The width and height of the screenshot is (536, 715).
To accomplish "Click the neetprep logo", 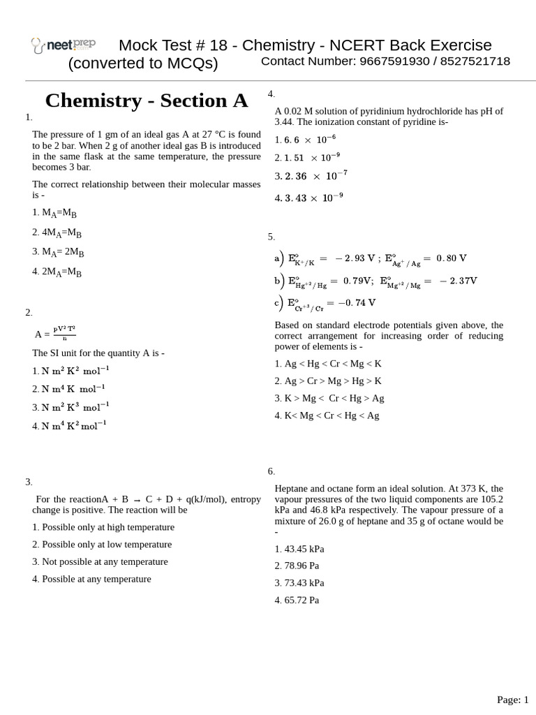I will (x=63, y=45).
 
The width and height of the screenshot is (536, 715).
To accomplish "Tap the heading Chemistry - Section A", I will (x=146, y=101).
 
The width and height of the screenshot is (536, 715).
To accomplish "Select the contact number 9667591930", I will (x=392, y=61).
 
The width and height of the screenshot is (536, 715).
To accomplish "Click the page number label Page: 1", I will (x=512, y=699).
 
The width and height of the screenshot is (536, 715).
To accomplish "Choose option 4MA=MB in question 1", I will (x=57, y=233).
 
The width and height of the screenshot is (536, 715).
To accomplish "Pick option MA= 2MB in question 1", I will (x=58, y=252).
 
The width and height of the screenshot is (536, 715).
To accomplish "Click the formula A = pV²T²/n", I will (x=55, y=333).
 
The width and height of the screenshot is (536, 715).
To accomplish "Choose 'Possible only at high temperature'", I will (x=103, y=527).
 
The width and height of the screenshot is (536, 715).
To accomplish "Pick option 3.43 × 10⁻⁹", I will (x=308, y=198).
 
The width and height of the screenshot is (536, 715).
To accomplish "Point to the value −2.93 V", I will (x=355, y=258).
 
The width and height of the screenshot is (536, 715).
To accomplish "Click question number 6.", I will (x=271, y=471).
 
